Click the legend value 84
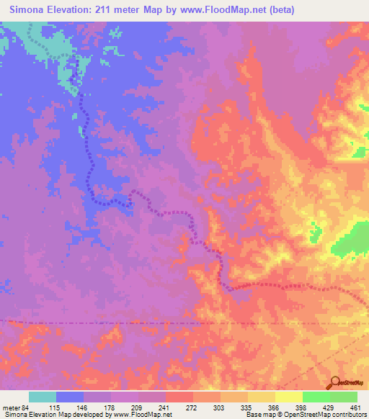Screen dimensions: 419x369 tap(28, 407)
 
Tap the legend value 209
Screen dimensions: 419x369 tap(138, 407)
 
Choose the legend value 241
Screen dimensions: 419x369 tap(165, 407)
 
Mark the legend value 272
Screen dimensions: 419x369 tap(192, 407)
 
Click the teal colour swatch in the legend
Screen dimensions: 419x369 tap(43, 397)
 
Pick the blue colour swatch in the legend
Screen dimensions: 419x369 tap(70, 397)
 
